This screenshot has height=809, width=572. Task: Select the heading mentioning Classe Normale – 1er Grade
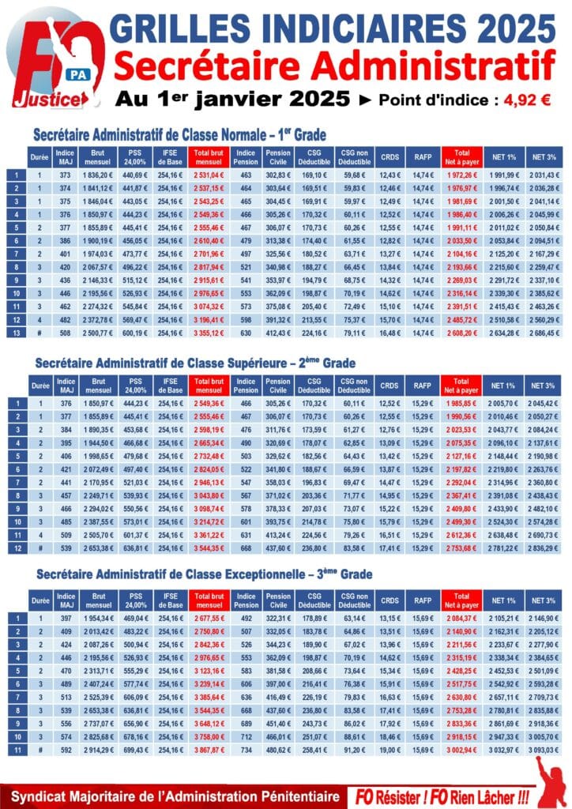coord(179,135)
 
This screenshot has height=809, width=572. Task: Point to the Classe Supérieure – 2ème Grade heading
coord(195,363)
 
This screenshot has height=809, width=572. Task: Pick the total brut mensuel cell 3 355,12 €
coord(209,333)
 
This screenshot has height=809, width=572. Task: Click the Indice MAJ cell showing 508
coord(65,333)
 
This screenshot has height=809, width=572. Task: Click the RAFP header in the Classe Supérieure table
coord(423,386)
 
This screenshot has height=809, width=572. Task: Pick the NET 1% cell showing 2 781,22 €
coord(502,548)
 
